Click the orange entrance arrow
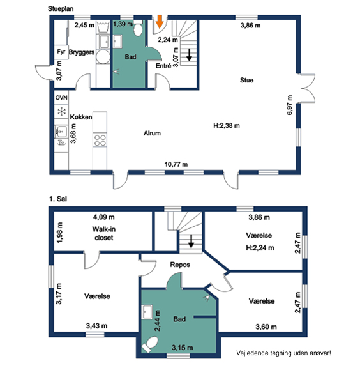click(x=160, y=21)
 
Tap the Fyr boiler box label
click(x=61, y=52)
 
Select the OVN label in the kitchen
click(x=61, y=98)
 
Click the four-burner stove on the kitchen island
click(x=100, y=140)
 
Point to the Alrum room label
click(x=152, y=133)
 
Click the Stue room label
click(x=246, y=80)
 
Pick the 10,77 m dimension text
click(x=176, y=164)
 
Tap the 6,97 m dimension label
click(x=290, y=105)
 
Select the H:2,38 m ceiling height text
click(x=227, y=125)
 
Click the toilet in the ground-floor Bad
click(x=138, y=28)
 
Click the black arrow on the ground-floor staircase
click(x=189, y=55)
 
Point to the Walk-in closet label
click(x=104, y=233)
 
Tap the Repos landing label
click(x=180, y=265)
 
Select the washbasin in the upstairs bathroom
click(x=147, y=312)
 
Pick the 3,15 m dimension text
click(x=183, y=348)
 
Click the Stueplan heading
click(x=61, y=9)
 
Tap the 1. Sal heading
click(x=58, y=199)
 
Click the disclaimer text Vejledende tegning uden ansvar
click(x=283, y=353)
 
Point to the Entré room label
click(x=163, y=65)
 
